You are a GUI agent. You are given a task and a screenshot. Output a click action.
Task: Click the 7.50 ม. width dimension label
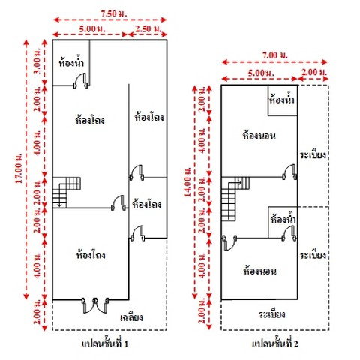tap(113, 13)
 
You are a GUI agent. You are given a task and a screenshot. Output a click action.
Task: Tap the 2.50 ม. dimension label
tap(148, 28)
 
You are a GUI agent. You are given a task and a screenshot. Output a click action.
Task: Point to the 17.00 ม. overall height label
tap(19, 168)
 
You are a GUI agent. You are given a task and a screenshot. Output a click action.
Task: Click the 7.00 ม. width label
tap(274, 55)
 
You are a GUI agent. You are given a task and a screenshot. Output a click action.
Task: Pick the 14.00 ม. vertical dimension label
tap(187, 182)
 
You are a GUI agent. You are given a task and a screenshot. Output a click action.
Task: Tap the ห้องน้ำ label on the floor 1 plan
tap(71, 61)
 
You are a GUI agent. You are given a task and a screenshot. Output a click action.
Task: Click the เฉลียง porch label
tap(131, 317)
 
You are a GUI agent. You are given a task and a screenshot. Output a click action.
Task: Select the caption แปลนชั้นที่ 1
tap(105, 343)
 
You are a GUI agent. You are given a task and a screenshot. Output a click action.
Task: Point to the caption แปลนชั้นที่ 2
tap(275, 343)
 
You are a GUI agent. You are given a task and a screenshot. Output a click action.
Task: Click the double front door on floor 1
tap(95, 305)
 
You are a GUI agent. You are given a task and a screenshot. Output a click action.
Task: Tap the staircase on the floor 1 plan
tap(66, 193)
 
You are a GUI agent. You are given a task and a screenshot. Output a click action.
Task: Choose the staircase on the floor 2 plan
tap(235, 199)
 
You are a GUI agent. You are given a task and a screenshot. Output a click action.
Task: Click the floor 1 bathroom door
tap(80, 81)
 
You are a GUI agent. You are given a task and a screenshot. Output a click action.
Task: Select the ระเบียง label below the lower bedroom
tap(272, 313)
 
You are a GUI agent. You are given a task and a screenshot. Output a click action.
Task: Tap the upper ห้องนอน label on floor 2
tap(259, 136)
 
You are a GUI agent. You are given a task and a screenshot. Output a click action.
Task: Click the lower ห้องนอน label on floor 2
tap(260, 271)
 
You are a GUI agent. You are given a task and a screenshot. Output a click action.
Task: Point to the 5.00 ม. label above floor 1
tap(92, 28)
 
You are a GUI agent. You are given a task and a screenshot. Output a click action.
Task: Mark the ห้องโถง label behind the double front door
tap(91, 255)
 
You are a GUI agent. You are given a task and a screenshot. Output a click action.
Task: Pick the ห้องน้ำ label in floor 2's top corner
tap(282, 99)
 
